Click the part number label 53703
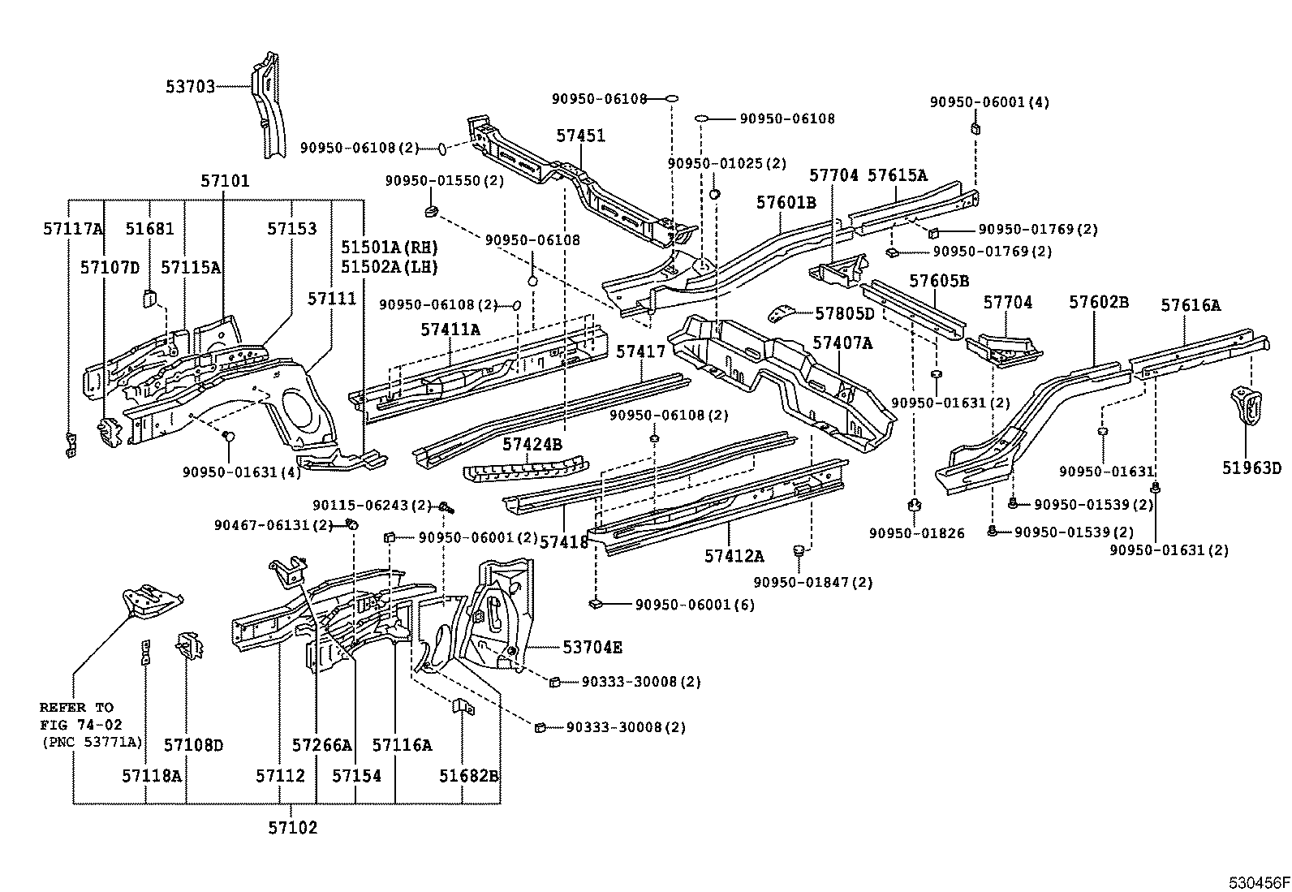(191, 86)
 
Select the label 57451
(580, 136)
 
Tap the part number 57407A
(842, 343)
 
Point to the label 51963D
(1251, 468)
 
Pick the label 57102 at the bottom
(292, 828)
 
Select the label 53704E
(592, 647)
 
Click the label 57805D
(845, 313)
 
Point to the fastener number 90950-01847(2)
(813, 582)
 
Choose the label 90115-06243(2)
(373, 505)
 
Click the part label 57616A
(1190, 305)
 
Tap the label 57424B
(532, 444)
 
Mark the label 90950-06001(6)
(695, 604)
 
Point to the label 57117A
(73, 229)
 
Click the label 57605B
(939, 282)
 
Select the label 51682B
(468, 775)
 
